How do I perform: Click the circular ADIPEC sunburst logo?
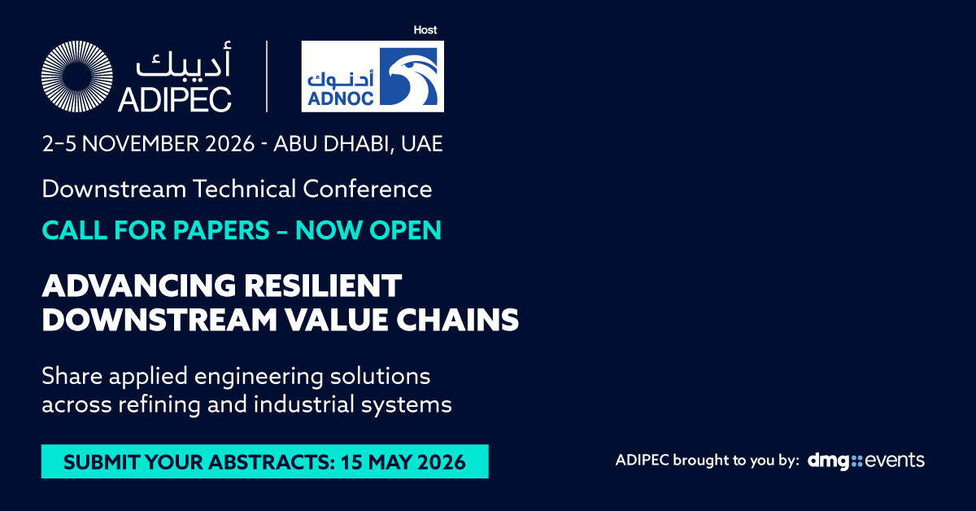click(x=77, y=76)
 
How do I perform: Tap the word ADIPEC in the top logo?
click(x=175, y=99)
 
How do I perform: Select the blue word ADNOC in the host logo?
click(x=341, y=98)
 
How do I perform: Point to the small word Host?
click(x=425, y=30)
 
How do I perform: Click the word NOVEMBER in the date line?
click(x=140, y=144)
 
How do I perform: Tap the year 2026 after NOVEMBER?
click(x=229, y=144)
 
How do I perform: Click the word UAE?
click(x=422, y=144)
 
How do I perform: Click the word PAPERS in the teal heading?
click(x=221, y=230)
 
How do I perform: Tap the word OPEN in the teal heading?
click(x=406, y=230)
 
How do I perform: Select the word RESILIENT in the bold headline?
click(x=322, y=286)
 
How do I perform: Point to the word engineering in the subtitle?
click(x=259, y=377)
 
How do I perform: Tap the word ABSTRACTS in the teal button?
click(x=271, y=462)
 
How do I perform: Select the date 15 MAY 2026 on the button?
click(x=403, y=462)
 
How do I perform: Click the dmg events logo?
click(x=865, y=461)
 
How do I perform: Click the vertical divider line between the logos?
click(x=267, y=76)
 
